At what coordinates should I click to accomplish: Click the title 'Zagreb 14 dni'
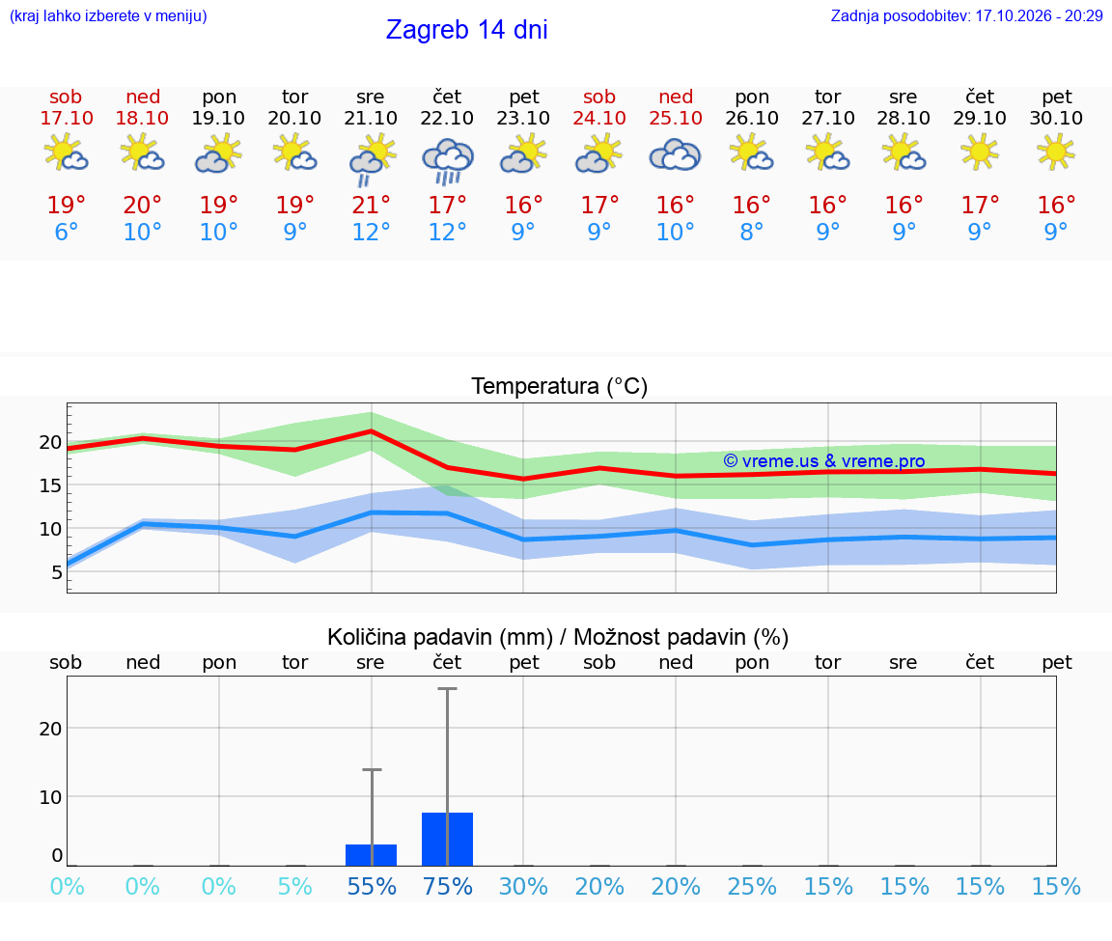pyautogui.click(x=466, y=30)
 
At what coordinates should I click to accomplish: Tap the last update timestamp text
pyautogui.click(x=966, y=15)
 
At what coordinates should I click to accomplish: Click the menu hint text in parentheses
pyautogui.click(x=108, y=15)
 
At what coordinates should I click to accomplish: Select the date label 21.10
pyautogui.click(x=371, y=118)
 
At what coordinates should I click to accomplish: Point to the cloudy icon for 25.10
pyautogui.click(x=675, y=155)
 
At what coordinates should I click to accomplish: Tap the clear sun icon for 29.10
pyautogui.click(x=980, y=152)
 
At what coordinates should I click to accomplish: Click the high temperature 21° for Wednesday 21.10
pyautogui.click(x=371, y=205)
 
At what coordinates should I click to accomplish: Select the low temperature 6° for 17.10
pyautogui.click(x=66, y=232)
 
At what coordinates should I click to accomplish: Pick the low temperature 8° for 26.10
pyautogui.click(x=752, y=232)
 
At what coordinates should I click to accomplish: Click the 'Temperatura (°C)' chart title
pyautogui.click(x=560, y=386)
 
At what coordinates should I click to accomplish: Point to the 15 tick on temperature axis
pyautogui.click(x=50, y=485)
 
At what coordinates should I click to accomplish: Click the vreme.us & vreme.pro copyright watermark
pyautogui.click(x=824, y=461)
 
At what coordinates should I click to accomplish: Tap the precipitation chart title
pyautogui.click(x=558, y=637)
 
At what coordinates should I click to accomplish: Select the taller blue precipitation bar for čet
pyautogui.click(x=448, y=839)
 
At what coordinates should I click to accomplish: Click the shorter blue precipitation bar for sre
pyautogui.click(x=371, y=855)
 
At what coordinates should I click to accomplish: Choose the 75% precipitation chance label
pyautogui.click(x=448, y=886)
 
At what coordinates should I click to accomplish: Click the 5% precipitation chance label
pyautogui.click(x=295, y=886)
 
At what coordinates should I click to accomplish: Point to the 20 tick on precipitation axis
pyautogui.click(x=50, y=729)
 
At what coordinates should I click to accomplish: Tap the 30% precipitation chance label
pyautogui.click(x=523, y=886)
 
